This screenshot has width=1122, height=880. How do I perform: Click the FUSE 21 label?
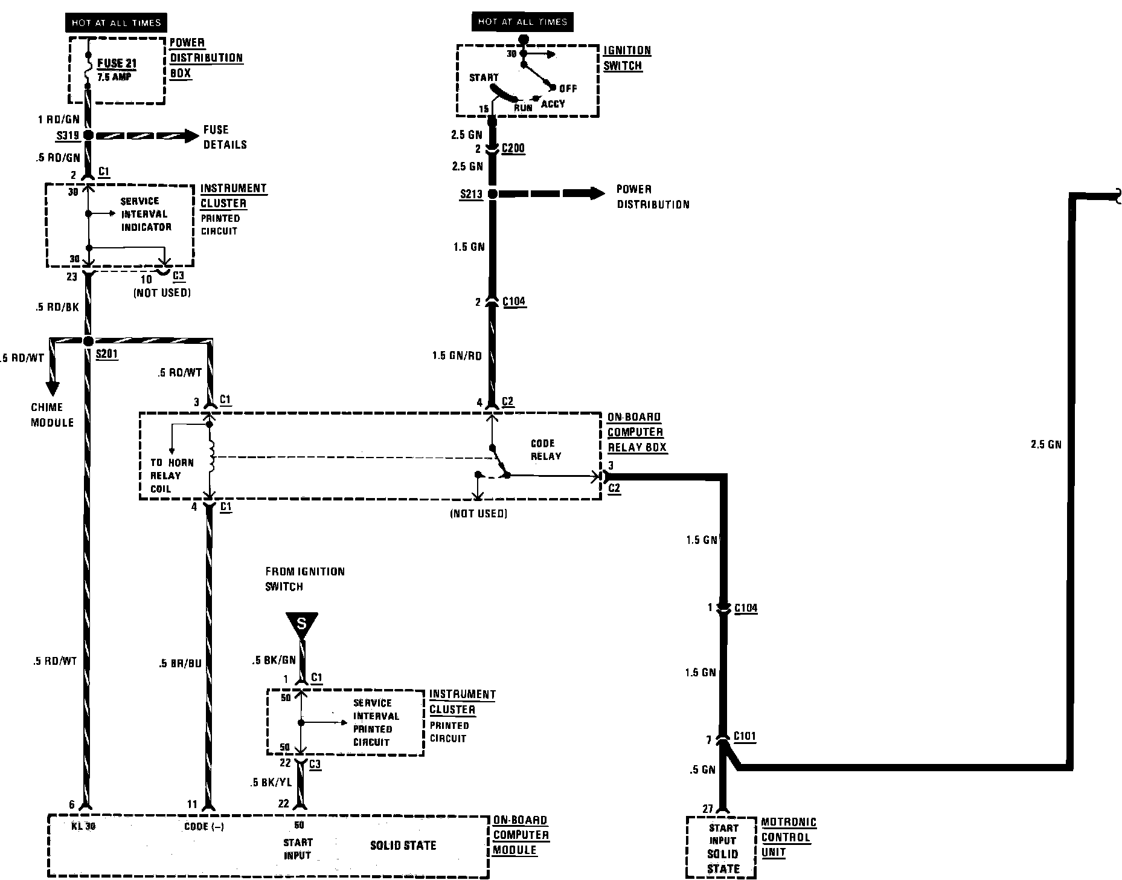117,63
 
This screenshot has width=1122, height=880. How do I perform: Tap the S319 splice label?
68,136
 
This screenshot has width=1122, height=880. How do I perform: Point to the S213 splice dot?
492,194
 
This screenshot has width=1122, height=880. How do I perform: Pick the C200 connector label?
513,149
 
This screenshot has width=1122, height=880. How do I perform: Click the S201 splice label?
107,354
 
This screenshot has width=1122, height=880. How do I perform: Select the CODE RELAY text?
545,450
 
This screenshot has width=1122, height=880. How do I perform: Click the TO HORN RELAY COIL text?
172,476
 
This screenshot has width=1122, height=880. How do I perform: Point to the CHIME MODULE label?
52,415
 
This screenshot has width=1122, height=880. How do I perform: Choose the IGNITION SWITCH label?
627,58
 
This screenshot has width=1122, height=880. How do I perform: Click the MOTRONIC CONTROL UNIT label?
788,837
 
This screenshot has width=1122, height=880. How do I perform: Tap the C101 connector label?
745,736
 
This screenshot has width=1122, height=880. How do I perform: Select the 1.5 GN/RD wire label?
457,356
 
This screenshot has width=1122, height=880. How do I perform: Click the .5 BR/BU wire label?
180,663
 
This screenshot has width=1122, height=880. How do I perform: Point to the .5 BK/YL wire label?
271,782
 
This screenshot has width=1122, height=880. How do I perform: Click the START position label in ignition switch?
484,77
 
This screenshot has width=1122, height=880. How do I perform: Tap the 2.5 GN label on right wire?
1045,444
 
